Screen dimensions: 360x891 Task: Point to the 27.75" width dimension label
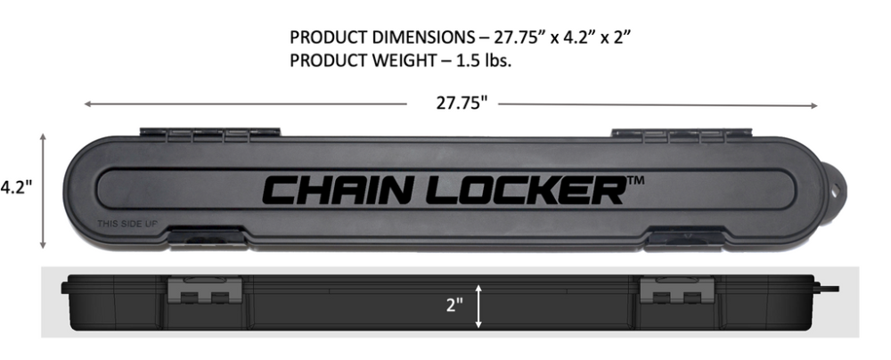pos(462,103)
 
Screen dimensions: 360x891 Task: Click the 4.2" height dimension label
pos(16,188)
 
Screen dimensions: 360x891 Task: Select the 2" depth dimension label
pos(455,306)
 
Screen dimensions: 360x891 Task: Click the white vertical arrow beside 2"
pos(480,306)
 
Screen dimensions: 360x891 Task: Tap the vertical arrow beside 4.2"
pos(43,191)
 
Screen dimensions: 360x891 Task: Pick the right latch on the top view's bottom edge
pos(684,238)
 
